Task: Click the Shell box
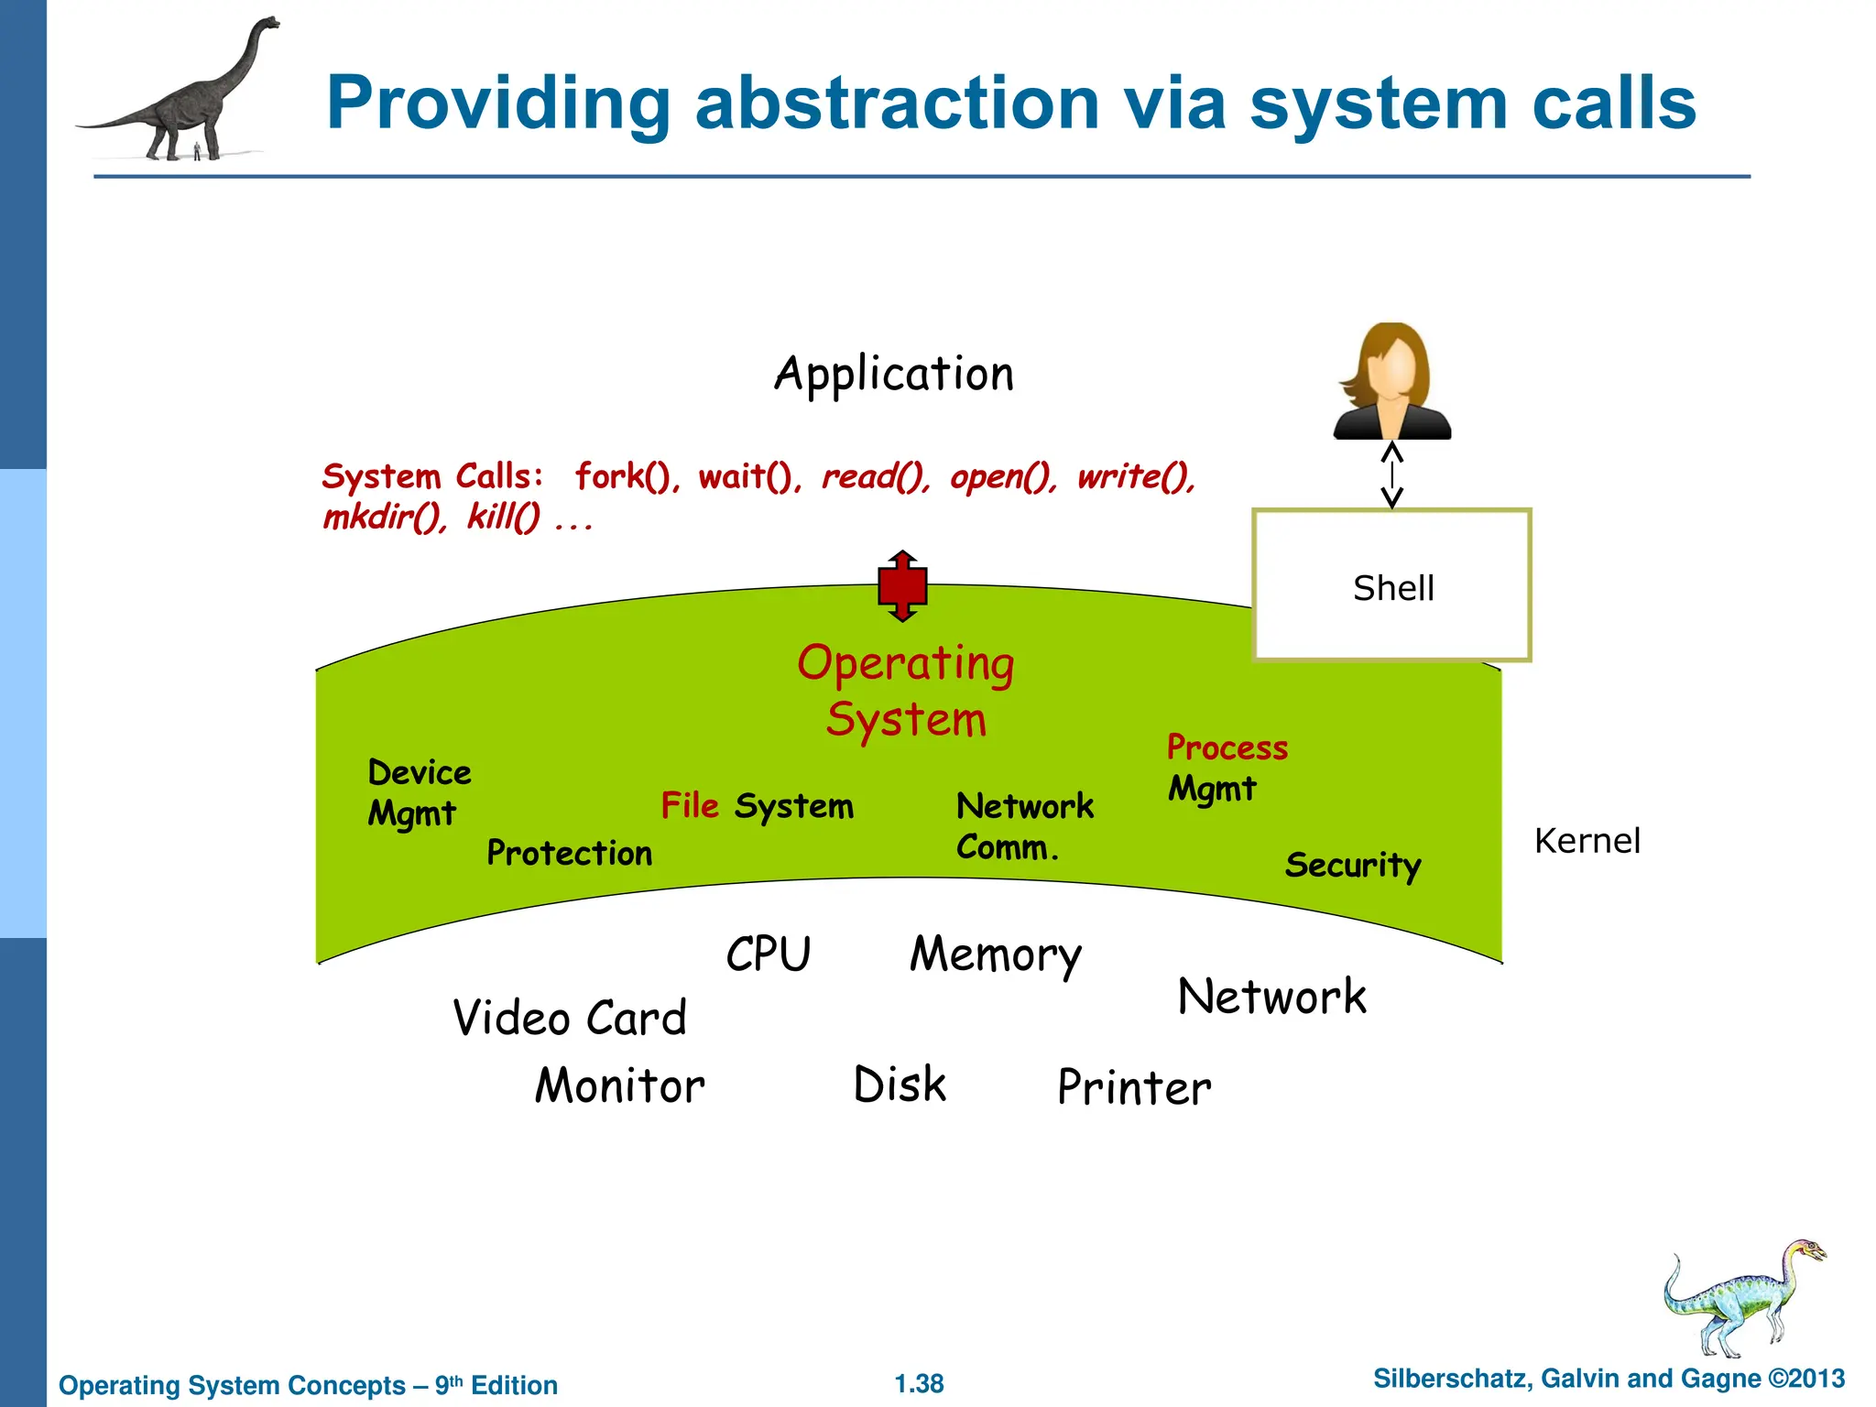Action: pyautogui.click(x=1391, y=585)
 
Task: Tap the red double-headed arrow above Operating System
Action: pyautogui.click(x=902, y=586)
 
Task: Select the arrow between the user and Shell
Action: pyautogui.click(x=1391, y=474)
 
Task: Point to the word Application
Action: pyautogui.click(x=894, y=375)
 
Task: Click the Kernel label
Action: pyautogui.click(x=1587, y=841)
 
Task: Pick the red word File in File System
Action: pyautogui.click(x=690, y=806)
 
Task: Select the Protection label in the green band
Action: pyautogui.click(x=569, y=854)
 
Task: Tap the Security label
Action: pyautogui.click(x=1352, y=866)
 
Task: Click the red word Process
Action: pyautogui.click(x=1227, y=748)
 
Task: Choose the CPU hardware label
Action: pyautogui.click(x=768, y=954)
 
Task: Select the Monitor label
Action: pyautogui.click(x=619, y=1086)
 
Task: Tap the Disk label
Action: pyautogui.click(x=899, y=1085)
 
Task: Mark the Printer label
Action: pyautogui.click(x=1133, y=1088)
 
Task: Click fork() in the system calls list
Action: pyautogui.click(x=627, y=477)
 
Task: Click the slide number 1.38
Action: pyautogui.click(x=919, y=1383)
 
